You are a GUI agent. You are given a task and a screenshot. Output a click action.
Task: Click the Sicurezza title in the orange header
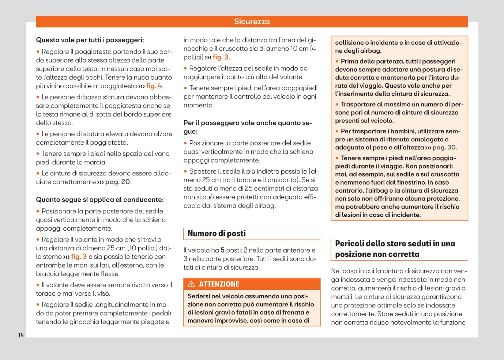coord(252,22)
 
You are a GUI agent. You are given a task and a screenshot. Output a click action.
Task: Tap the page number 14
coord(21,335)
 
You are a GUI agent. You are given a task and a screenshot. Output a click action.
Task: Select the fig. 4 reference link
coord(154,86)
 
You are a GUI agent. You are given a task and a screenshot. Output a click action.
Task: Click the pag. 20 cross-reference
coord(117,182)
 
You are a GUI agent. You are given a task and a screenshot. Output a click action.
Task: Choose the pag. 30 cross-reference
coord(444,147)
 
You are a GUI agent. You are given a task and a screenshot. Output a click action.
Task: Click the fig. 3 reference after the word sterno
coord(79,257)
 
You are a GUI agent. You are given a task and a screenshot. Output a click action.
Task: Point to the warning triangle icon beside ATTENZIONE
coord(191,284)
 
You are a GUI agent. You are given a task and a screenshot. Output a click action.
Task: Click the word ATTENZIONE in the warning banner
coord(219,284)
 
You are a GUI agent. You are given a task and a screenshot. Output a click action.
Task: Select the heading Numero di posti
coord(217,233)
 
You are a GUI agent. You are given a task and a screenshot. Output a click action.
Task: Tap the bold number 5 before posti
coord(222,250)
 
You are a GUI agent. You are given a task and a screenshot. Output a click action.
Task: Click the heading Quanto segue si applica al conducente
coord(99,200)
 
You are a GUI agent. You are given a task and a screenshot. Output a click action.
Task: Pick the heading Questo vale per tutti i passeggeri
coord(90,40)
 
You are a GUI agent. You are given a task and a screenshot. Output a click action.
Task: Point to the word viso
coord(104,293)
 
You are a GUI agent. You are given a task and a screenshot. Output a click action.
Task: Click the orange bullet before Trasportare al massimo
coord(337,105)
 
